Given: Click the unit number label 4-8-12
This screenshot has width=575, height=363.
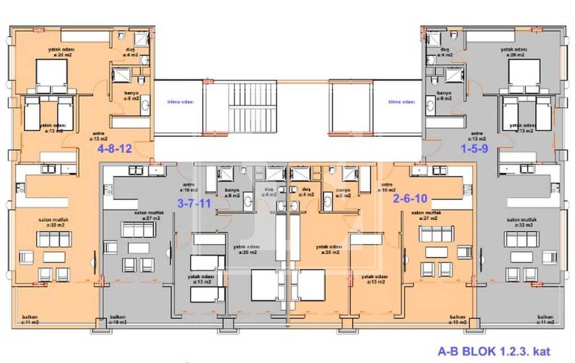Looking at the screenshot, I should pyautogui.click(x=115, y=149).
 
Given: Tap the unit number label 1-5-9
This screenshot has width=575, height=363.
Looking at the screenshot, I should pyautogui.click(x=476, y=149).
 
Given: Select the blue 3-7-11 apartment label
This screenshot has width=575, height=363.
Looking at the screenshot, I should pyautogui.click(x=194, y=203).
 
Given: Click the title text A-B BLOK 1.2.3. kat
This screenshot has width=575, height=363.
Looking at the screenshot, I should pyautogui.click(x=494, y=352).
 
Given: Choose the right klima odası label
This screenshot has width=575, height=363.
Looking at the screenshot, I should pyautogui.click(x=401, y=102).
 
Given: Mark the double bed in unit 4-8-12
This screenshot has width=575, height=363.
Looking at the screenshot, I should pyautogui.click(x=52, y=75).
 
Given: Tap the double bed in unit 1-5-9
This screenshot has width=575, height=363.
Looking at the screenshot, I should pyautogui.click(x=524, y=75).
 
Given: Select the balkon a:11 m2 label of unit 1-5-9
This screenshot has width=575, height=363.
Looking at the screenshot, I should pyautogui.click(x=545, y=320).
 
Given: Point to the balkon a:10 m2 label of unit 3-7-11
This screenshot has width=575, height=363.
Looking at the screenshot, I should pyautogui.click(x=118, y=320).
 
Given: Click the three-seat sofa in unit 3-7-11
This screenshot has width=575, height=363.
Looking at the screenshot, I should pyautogui.click(x=138, y=229).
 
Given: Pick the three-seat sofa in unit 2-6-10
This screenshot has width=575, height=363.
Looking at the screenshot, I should pyautogui.click(x=436, y=233).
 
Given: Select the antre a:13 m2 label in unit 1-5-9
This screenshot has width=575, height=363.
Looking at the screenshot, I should pyautogui.click(x=477, y=135).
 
